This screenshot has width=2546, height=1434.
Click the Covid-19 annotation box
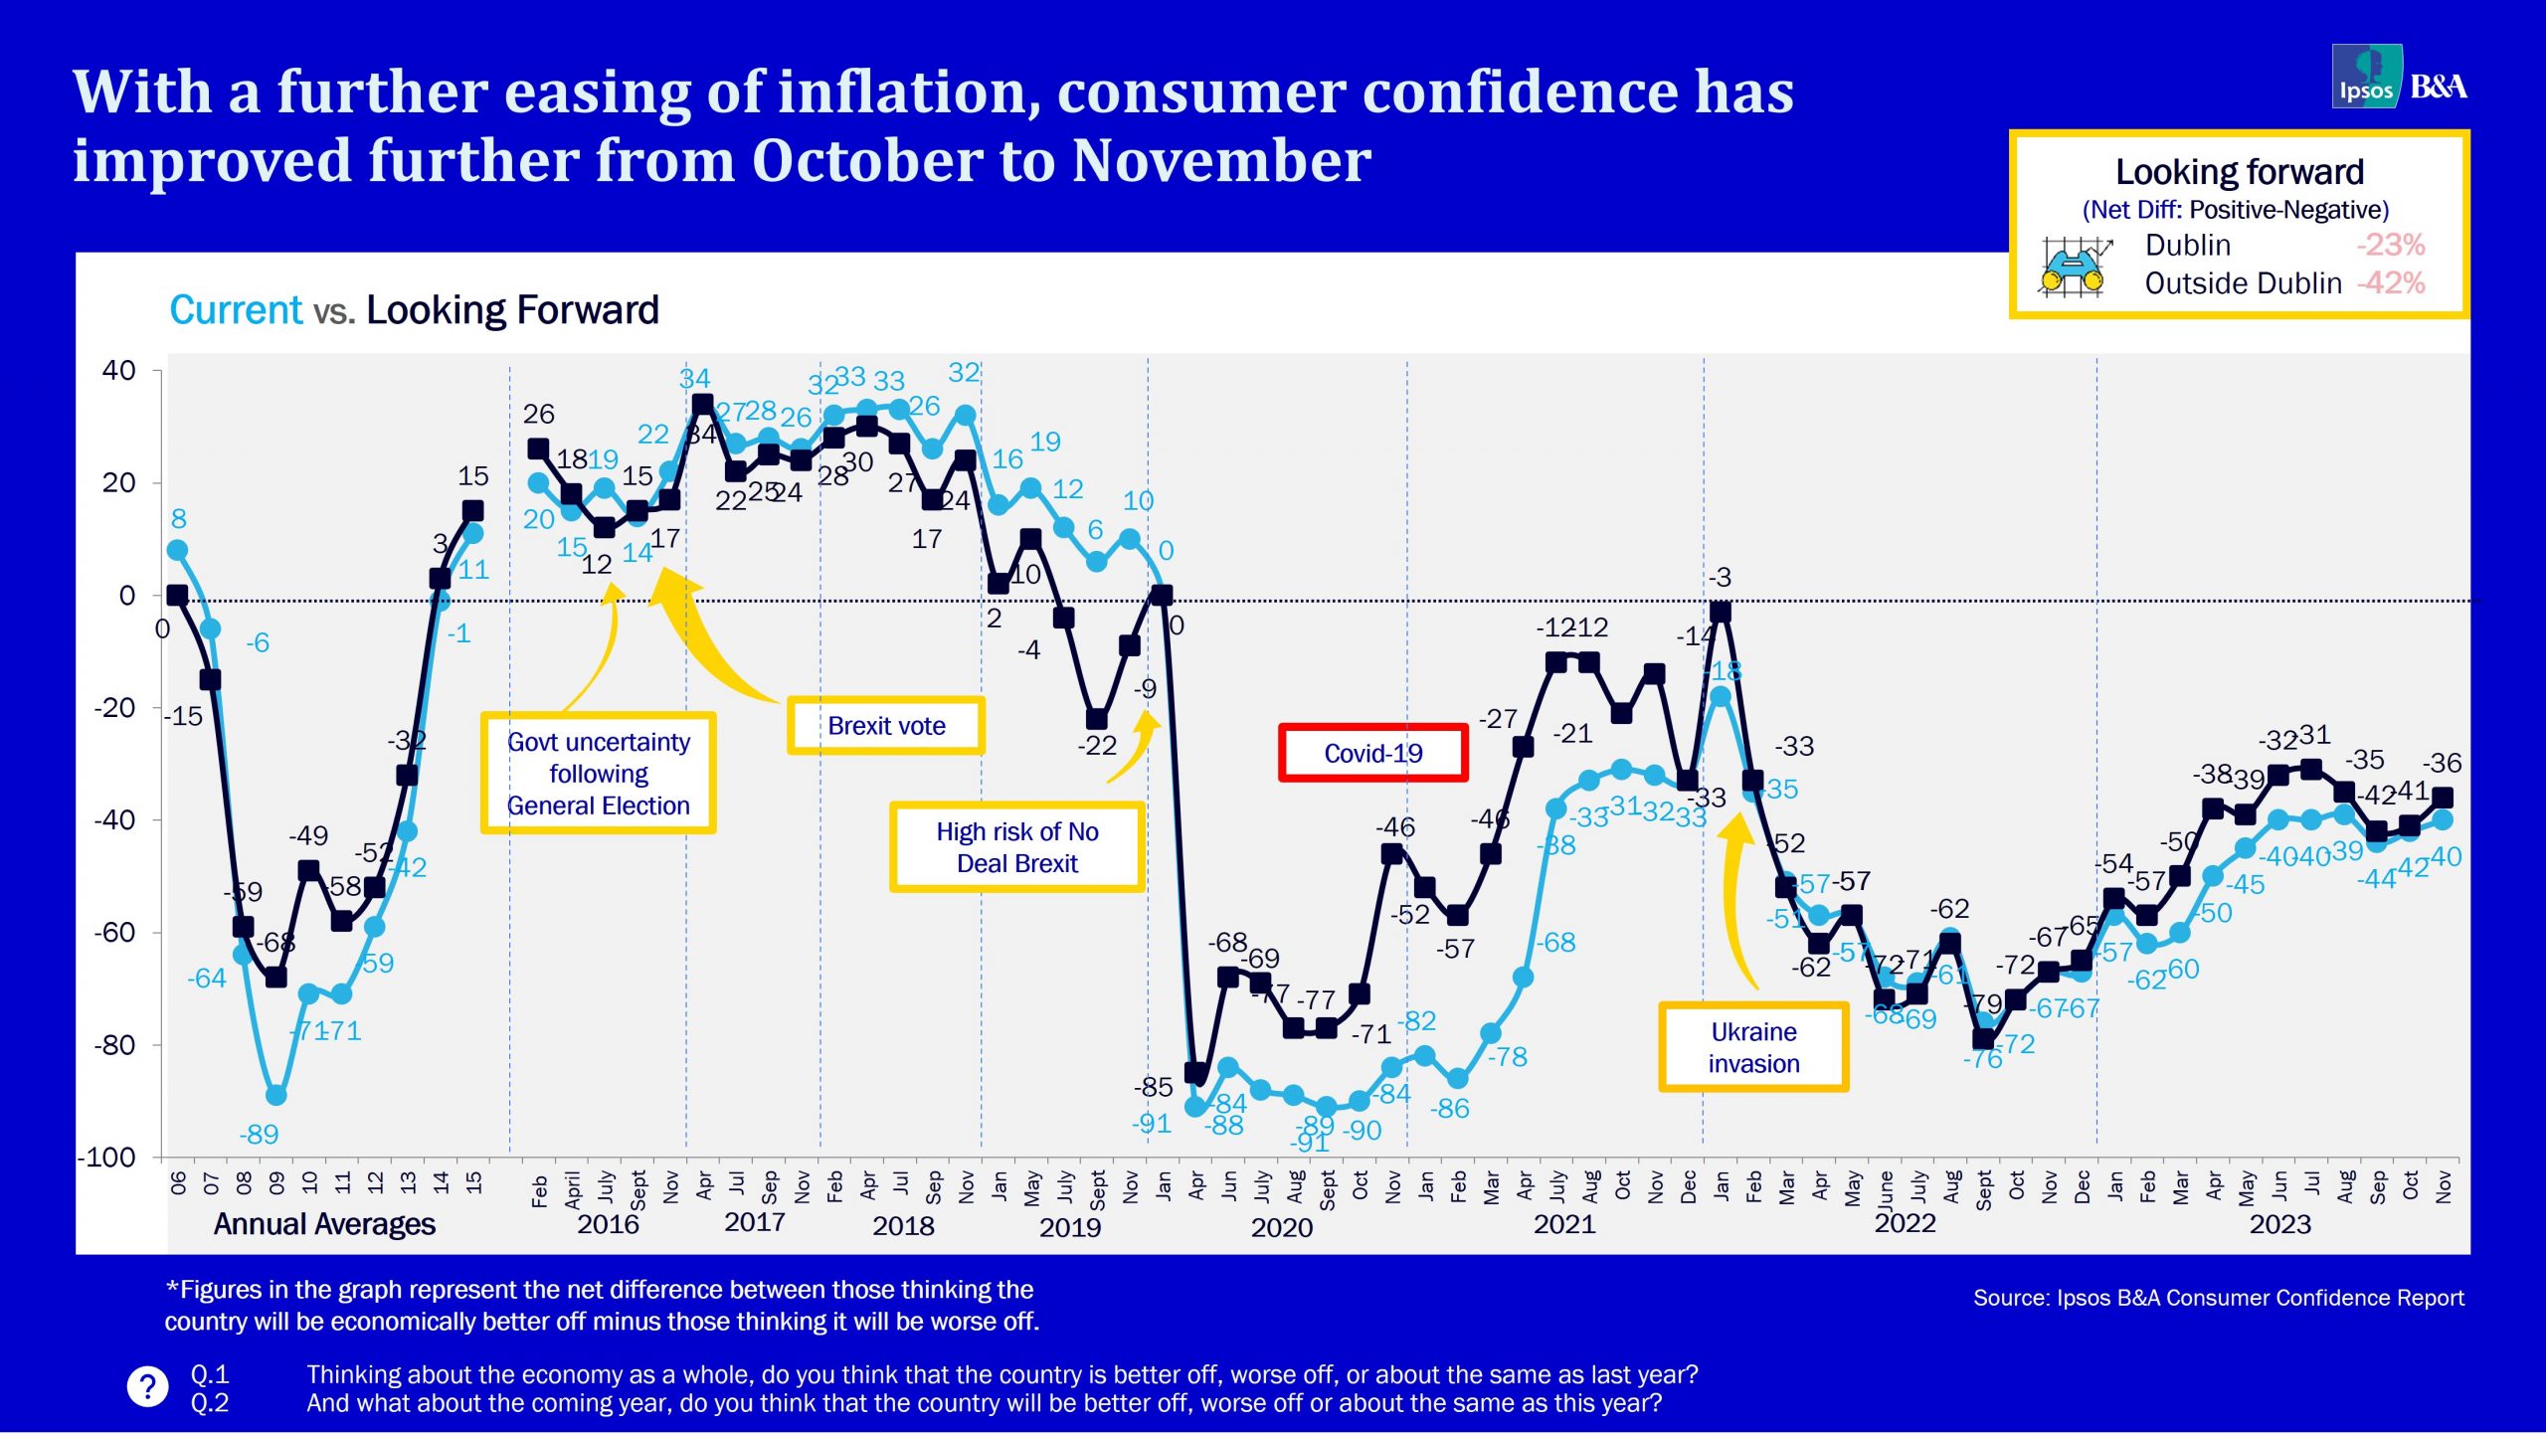[1372, 753]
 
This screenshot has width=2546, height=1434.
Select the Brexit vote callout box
[885, 726]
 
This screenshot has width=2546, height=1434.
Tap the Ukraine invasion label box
[1753, 1047]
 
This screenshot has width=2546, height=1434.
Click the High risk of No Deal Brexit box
[1016, 847]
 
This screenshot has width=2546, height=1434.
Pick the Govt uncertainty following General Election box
[598, 774]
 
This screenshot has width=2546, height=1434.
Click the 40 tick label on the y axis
[118, 371]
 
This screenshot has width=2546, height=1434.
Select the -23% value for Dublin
[2389, 245]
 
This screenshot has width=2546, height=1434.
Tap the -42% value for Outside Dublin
[2391, 283]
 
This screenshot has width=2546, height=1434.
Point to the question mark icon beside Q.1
[147, 1386]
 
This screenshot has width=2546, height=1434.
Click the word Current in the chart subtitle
[236, 310]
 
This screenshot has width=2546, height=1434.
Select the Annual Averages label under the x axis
[324, 1224]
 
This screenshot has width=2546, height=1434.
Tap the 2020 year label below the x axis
[1281, 1227]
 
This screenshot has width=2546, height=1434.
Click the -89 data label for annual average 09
[259, 1134]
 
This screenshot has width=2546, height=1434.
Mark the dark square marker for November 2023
[2442, 798]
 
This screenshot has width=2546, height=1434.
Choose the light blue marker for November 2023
[2442, 820]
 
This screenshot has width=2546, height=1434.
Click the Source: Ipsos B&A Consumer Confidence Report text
[2218, 1298]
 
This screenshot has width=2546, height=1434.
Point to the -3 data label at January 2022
[1720, 578]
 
